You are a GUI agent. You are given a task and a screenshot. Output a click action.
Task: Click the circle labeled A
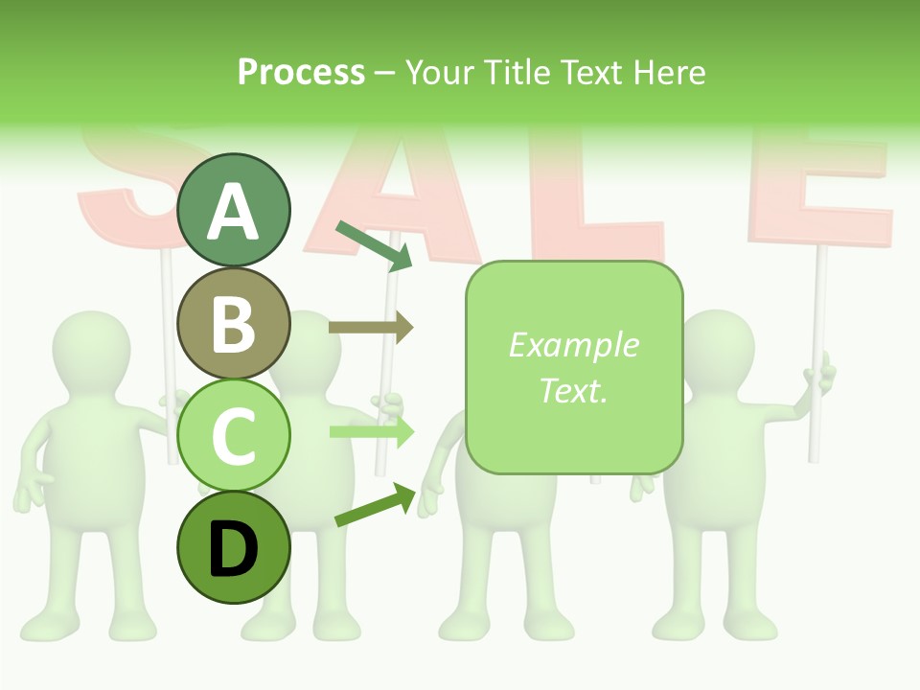(234, 210)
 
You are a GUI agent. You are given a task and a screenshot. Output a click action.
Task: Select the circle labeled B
(234, 323)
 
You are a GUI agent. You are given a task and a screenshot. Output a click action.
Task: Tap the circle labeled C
(234, 435)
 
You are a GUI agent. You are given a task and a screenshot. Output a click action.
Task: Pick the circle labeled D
(234, 547)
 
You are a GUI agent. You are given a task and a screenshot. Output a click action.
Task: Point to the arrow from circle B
(371, 328)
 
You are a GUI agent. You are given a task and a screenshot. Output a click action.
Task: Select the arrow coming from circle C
(371, 432)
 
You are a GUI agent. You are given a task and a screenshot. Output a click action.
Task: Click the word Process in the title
(301, 72)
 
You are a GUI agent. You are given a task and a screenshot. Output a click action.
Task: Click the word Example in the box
(573, 345)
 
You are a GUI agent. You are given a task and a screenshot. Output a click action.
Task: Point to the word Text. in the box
(573, 390)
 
